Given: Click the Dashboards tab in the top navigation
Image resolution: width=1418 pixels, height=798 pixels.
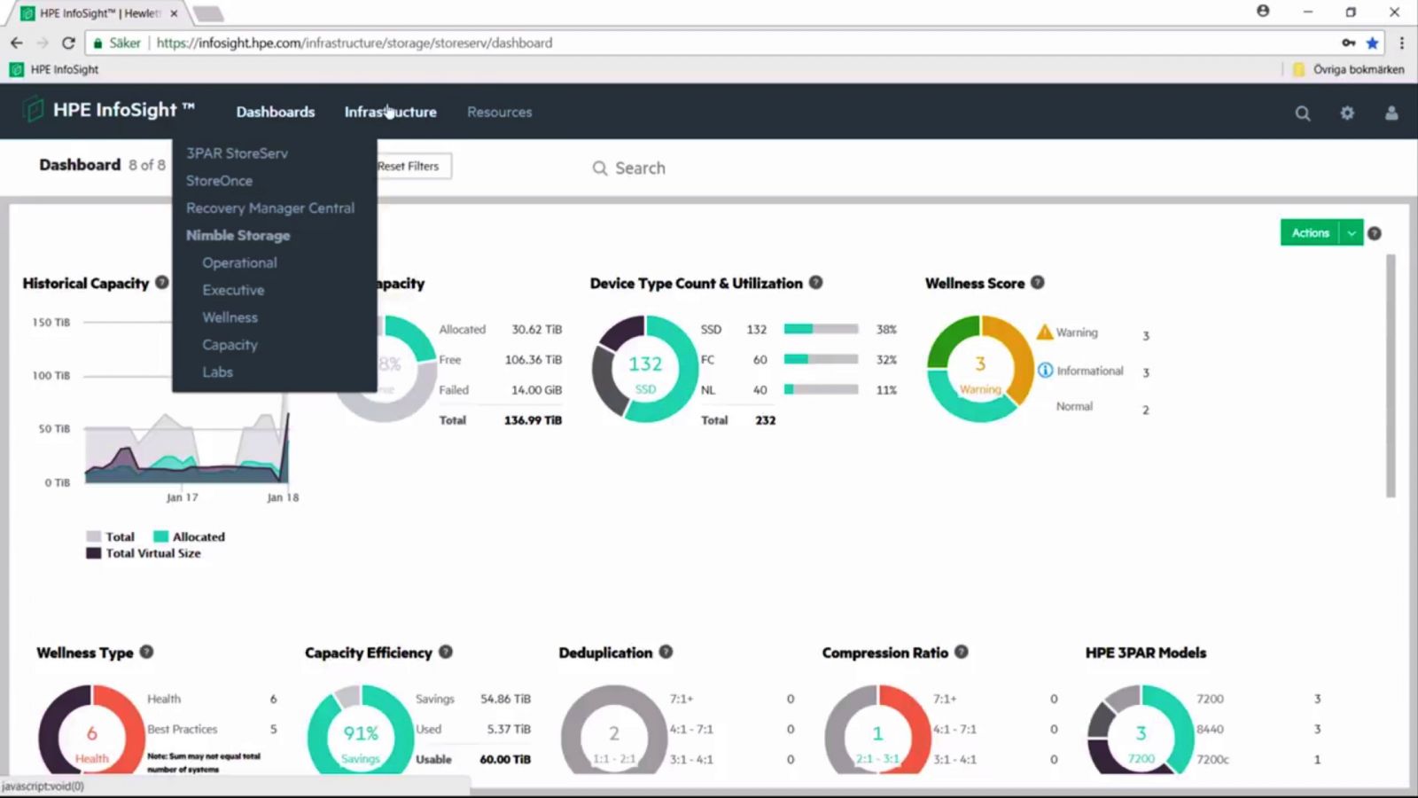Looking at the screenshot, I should [275, 112].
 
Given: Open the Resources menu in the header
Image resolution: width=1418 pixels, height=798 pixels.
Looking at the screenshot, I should [499, 112].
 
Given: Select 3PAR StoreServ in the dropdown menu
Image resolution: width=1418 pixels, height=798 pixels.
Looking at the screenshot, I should [237, 153].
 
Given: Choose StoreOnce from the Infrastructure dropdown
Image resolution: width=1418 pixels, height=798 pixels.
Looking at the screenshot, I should [219, 181].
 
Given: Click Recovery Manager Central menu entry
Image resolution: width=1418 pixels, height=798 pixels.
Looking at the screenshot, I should [269, 208].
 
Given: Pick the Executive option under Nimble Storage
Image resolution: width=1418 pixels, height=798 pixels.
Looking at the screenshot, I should [233, 290].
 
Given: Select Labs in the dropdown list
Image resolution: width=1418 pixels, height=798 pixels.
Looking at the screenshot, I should [217, 372].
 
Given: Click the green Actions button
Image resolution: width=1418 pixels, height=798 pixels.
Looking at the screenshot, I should [1310, 233].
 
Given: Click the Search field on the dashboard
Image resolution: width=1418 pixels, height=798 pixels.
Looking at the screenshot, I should [640, 168].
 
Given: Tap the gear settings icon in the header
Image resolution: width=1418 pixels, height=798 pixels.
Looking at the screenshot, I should [1347, 113].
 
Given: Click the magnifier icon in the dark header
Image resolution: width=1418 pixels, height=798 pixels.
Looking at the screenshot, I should [1302, 113].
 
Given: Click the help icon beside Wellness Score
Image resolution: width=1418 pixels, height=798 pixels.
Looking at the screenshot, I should [1038, 283].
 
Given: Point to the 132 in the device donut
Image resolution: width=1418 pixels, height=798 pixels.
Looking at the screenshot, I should [645, 364].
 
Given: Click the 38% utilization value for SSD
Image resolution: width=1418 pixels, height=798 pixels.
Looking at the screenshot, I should [886, 330].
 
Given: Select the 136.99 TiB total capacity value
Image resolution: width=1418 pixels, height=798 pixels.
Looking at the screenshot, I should [533, 420].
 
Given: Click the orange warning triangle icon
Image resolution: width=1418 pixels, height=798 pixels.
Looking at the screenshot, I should [1045, 332].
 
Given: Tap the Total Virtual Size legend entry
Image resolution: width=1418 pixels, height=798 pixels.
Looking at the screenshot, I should [152, 553].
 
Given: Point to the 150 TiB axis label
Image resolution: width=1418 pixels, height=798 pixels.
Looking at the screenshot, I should [51, 323].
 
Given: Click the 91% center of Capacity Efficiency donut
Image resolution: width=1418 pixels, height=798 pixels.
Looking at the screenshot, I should [361, 733].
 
